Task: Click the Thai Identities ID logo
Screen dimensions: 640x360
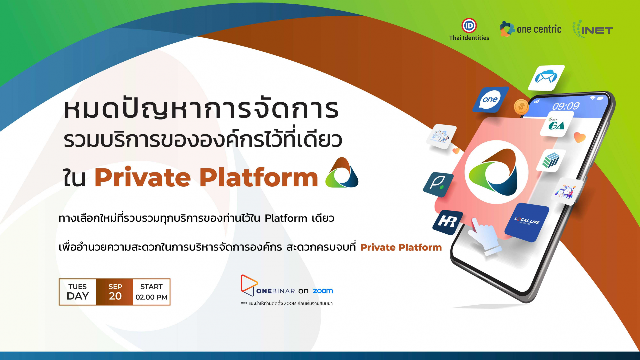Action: [x=469, y=26]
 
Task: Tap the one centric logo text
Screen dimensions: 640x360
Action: [x=539, y=29]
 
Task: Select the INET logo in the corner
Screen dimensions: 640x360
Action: [x=593, y=29]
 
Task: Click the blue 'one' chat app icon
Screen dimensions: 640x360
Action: [x=490, y=99]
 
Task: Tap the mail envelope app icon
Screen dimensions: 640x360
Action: [x=546, y=78]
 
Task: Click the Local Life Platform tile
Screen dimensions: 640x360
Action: [x=527, y=222]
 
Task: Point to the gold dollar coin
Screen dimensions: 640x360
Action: [x=521, y=107]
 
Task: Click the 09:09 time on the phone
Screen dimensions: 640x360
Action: [x=566, y=106]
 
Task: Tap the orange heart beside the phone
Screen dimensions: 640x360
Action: [x=580, y=137]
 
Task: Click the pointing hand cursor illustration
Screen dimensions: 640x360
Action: [x=485, y=236]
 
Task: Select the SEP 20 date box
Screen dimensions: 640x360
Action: [x=115, y=292]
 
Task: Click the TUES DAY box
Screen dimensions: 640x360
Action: [x=78, y=292]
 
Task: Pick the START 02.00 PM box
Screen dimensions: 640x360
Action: [x=151, y=292]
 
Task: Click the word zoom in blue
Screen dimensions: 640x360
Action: [x=323, y=291]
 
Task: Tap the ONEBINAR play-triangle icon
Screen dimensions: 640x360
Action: [x=248, y=285]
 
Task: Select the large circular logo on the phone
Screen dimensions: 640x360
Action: [x=496, y=172]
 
